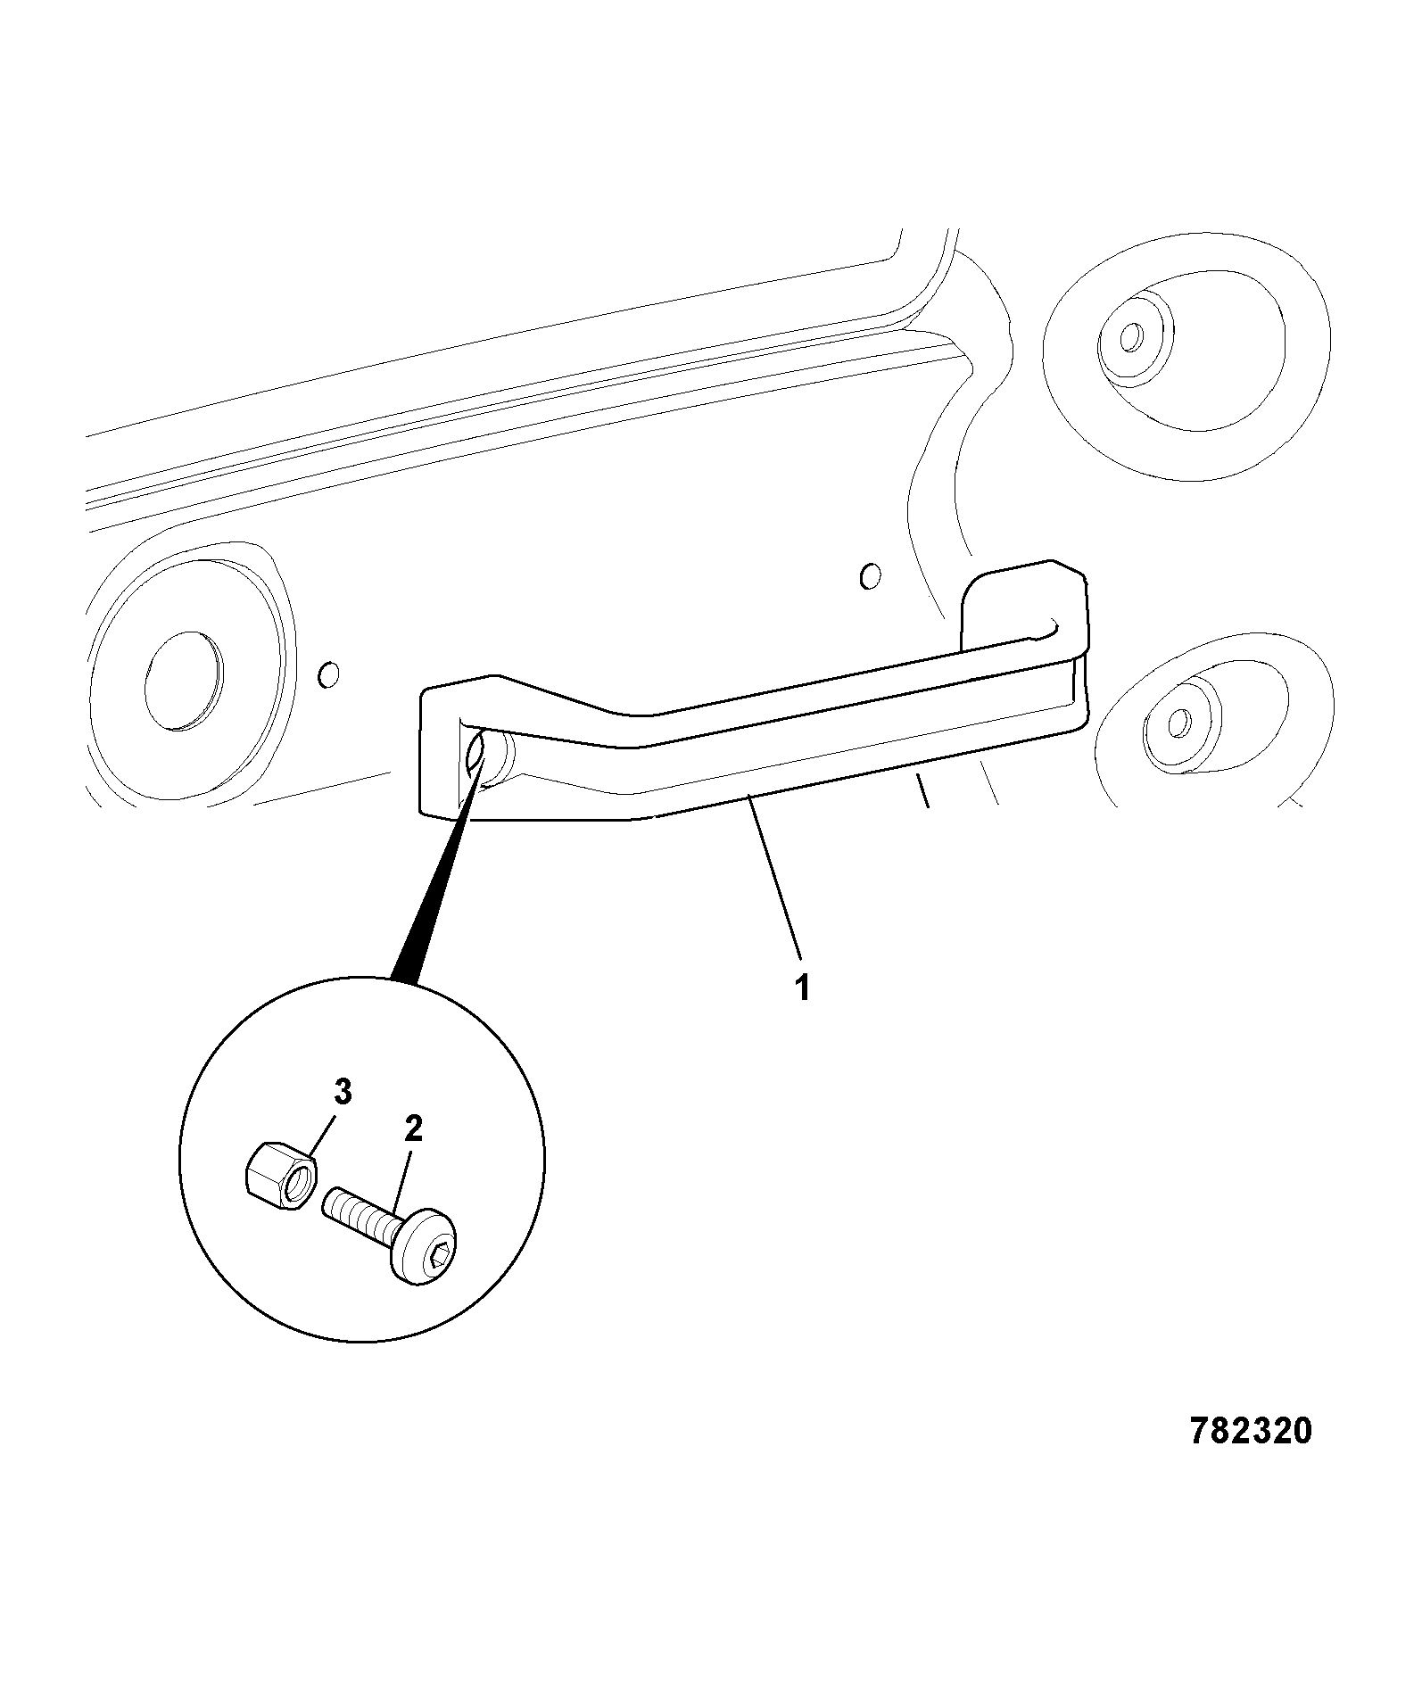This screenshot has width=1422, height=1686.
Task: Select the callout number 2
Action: pos(412,1129)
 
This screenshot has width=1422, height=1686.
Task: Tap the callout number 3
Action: pos(343,1092)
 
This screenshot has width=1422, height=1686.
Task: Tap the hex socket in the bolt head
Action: pos(440,1255)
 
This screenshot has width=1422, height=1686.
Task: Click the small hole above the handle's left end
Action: pos(329,674)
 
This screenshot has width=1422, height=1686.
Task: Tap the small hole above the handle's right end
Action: pos(870,575)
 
